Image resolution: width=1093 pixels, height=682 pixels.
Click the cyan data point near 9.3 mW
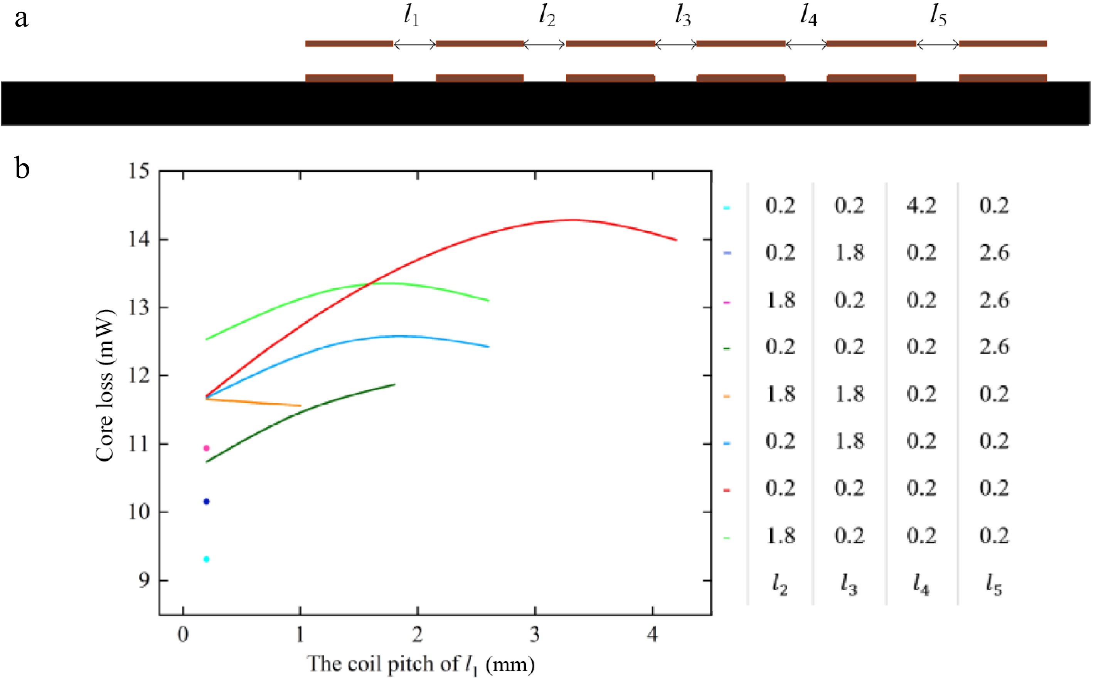(206, 559)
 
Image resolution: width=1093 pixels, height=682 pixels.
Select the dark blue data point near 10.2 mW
(206, 502)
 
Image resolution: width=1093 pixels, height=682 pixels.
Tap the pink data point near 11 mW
(206, 448)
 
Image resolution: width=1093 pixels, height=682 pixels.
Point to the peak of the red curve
(572, 220)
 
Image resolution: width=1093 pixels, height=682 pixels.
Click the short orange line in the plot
(253, 403)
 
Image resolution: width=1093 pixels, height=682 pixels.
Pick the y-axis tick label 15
(138, 171)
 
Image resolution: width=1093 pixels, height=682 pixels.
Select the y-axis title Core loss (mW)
(105, 386)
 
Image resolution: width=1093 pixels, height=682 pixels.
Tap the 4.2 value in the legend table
(921, 206)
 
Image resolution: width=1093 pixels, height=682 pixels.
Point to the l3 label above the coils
(682, 17)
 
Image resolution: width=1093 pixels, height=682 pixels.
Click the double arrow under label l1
(415, 44)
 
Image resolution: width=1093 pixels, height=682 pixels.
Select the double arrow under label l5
(938, 44)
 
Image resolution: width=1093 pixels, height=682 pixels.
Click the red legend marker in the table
(727, 490)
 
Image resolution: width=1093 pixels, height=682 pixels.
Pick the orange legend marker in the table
(727, 396)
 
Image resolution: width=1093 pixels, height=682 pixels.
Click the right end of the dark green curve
(394, 384)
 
